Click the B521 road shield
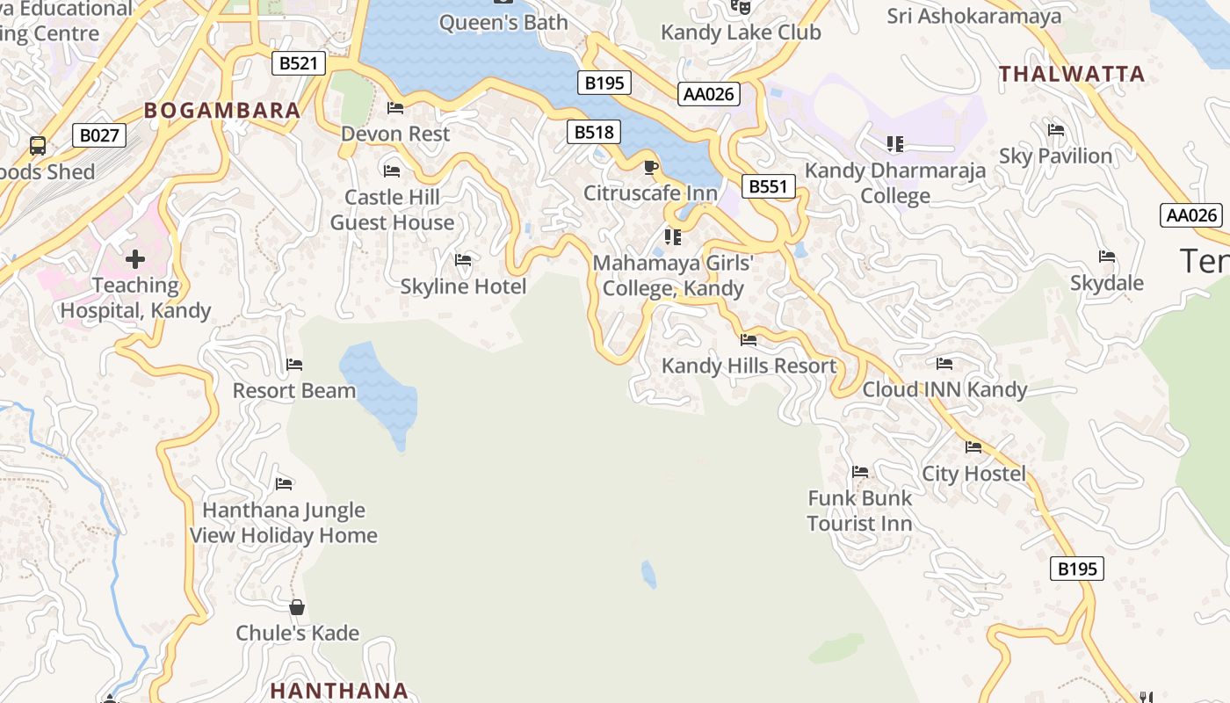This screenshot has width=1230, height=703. [x=298, y=63]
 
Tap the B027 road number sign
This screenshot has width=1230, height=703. [x=98, y=135]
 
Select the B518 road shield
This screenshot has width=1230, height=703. [x=594, y=133]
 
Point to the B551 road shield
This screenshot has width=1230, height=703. [x=768, y=186]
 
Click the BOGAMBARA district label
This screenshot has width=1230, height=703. [x=222, y=111]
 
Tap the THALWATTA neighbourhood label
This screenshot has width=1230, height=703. [x=1072, y=74]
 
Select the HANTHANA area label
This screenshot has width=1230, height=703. [x=339, y=691]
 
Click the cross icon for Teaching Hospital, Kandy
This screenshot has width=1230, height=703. [x=135, y=259]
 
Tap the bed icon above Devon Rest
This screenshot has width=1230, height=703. [x=395, y=108]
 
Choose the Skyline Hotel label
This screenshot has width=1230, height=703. [x=463, y=286]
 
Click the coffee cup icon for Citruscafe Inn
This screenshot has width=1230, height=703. [x=650, y=168]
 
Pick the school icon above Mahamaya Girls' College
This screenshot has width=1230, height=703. [x=673, y=237]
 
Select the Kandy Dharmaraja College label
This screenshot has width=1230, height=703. [x=895, y=183]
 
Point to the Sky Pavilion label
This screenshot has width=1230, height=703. [x=1055, y=156]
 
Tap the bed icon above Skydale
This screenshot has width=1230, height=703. [x=1107, y=257]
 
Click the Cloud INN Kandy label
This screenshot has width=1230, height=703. [x=944, y=389]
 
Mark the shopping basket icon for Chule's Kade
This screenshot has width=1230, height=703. [x=297, y=607]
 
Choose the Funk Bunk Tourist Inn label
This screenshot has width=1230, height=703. [x=859, y=511]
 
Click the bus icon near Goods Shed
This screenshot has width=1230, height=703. [x=38, y=145]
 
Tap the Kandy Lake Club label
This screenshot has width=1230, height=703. [x=741, y=33]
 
